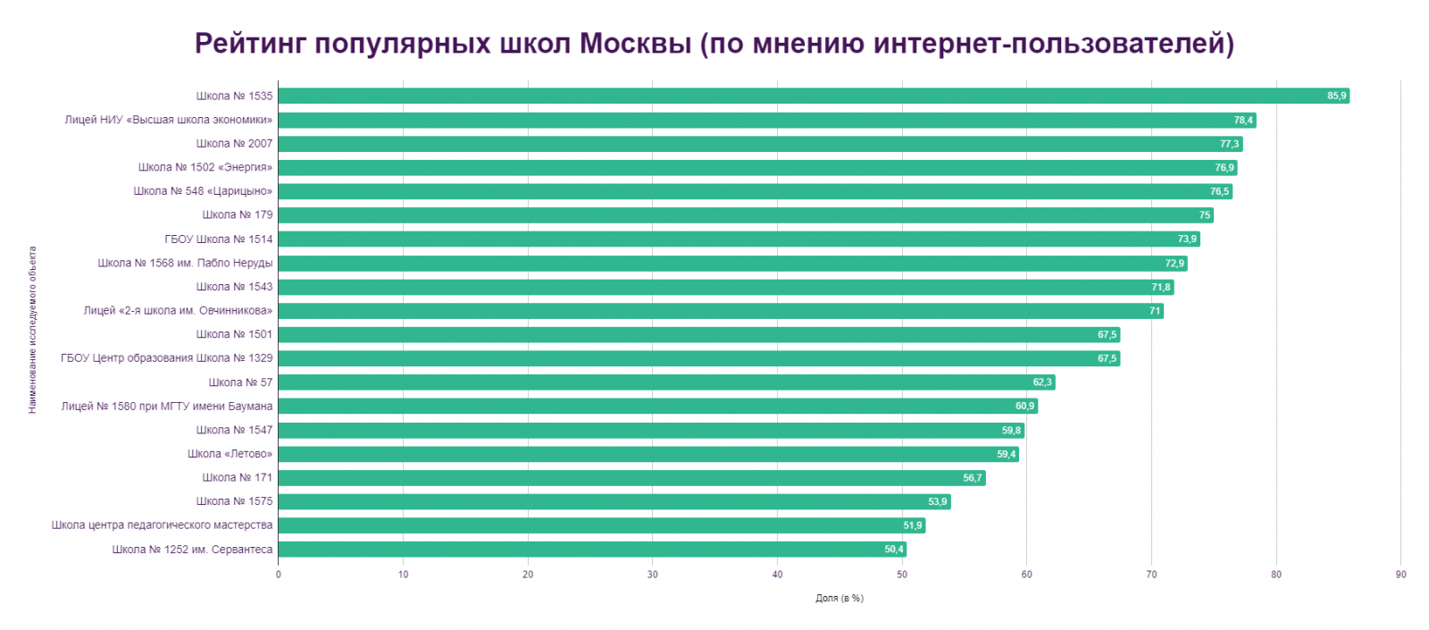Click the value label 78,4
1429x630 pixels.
coord(1243,120)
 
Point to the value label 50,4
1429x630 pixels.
coord(894,550)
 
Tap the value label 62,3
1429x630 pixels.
coord(1042,382)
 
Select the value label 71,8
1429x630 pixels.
coord(1160,287)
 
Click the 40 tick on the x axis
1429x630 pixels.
coord(777,575)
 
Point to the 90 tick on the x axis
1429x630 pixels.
coord(1400,575)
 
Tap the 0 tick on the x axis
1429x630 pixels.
coord(279,575)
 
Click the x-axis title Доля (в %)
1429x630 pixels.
coord(839,598)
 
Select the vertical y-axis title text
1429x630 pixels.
coord(33,330)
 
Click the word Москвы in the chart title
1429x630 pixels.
coord(635,43)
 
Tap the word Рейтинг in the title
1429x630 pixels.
coord(250,43)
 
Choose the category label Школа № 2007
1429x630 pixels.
coord(234,144)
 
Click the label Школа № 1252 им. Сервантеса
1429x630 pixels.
coord(192,550)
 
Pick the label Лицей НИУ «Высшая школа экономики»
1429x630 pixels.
coord(168,120)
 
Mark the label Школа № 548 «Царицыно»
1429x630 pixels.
coord(203,191)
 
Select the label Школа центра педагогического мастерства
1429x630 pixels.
coord(162,525)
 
